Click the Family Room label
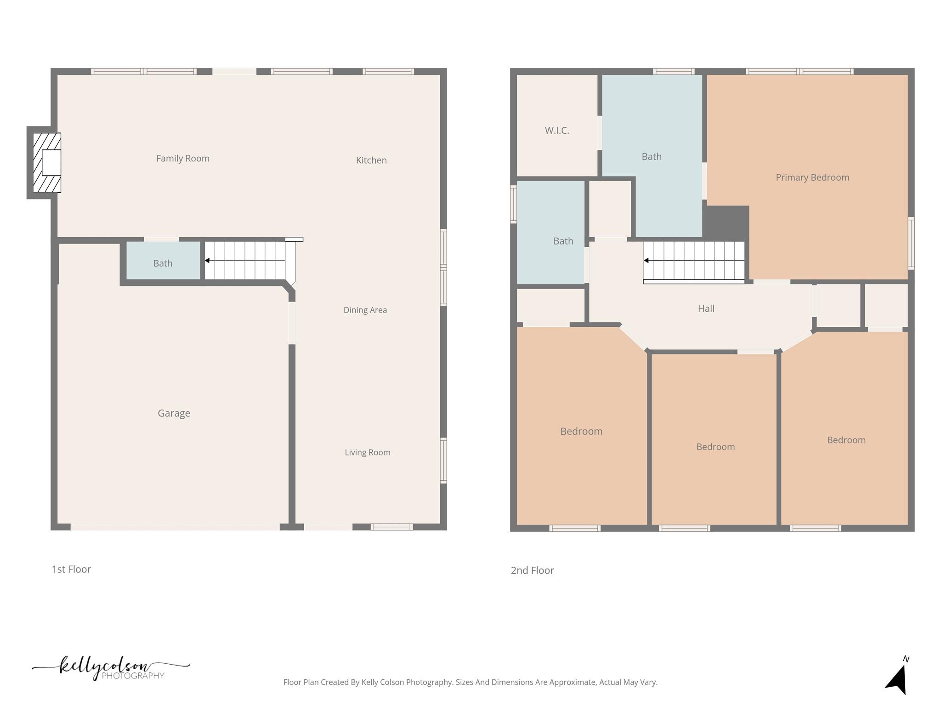point(183,159)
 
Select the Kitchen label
point(371,160)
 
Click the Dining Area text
point(365,310)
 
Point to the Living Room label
point(368,453)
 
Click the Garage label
point(174,413)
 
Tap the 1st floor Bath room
point(163,263)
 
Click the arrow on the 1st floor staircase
point(208,261)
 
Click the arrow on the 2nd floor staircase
point(646,261)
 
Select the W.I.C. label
point(557,131)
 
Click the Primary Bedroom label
point(812,177)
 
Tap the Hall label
point(706,309)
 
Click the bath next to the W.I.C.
point(652,157)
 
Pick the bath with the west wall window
point(563,241)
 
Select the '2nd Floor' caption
point(533,570)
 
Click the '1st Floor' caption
point(71,569)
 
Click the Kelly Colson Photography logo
point(110,668)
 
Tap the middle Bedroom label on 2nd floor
point(715,447)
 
